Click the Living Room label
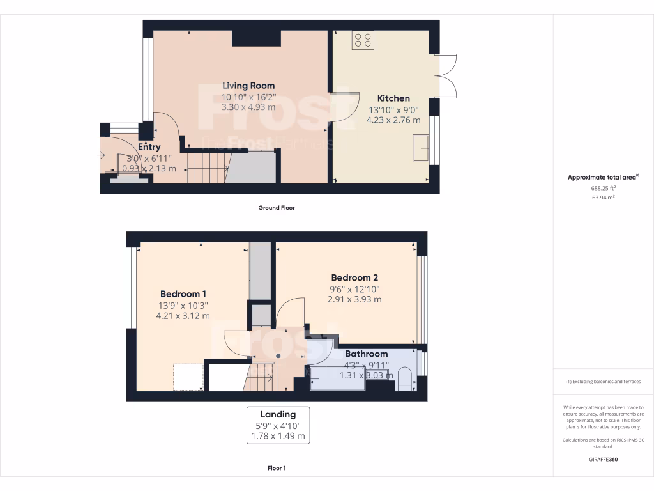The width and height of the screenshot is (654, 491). coord(248,86)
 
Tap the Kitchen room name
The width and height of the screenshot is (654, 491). coord(393,98)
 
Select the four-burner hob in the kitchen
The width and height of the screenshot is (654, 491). coord(363,40)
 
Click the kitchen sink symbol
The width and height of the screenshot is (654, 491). coord(422,148)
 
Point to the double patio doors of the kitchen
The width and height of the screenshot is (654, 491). coord(446,76)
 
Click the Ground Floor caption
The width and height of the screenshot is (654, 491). coord(277,208)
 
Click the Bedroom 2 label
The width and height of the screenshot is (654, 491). coord(354,277)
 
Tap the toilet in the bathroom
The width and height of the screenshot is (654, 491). coord(405,378)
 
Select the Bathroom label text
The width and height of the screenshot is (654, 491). coord(366,354)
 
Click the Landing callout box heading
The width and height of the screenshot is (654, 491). coord(278,414)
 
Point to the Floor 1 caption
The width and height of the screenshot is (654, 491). coord(277,468)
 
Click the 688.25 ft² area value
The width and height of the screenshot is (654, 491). coord(603,189)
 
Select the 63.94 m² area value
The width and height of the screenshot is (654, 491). coord(603,198)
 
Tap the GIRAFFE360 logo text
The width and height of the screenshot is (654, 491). coord(603,459)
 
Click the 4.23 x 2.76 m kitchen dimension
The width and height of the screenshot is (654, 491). coord(393,120)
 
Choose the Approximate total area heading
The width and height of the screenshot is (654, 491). coord(603,178)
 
